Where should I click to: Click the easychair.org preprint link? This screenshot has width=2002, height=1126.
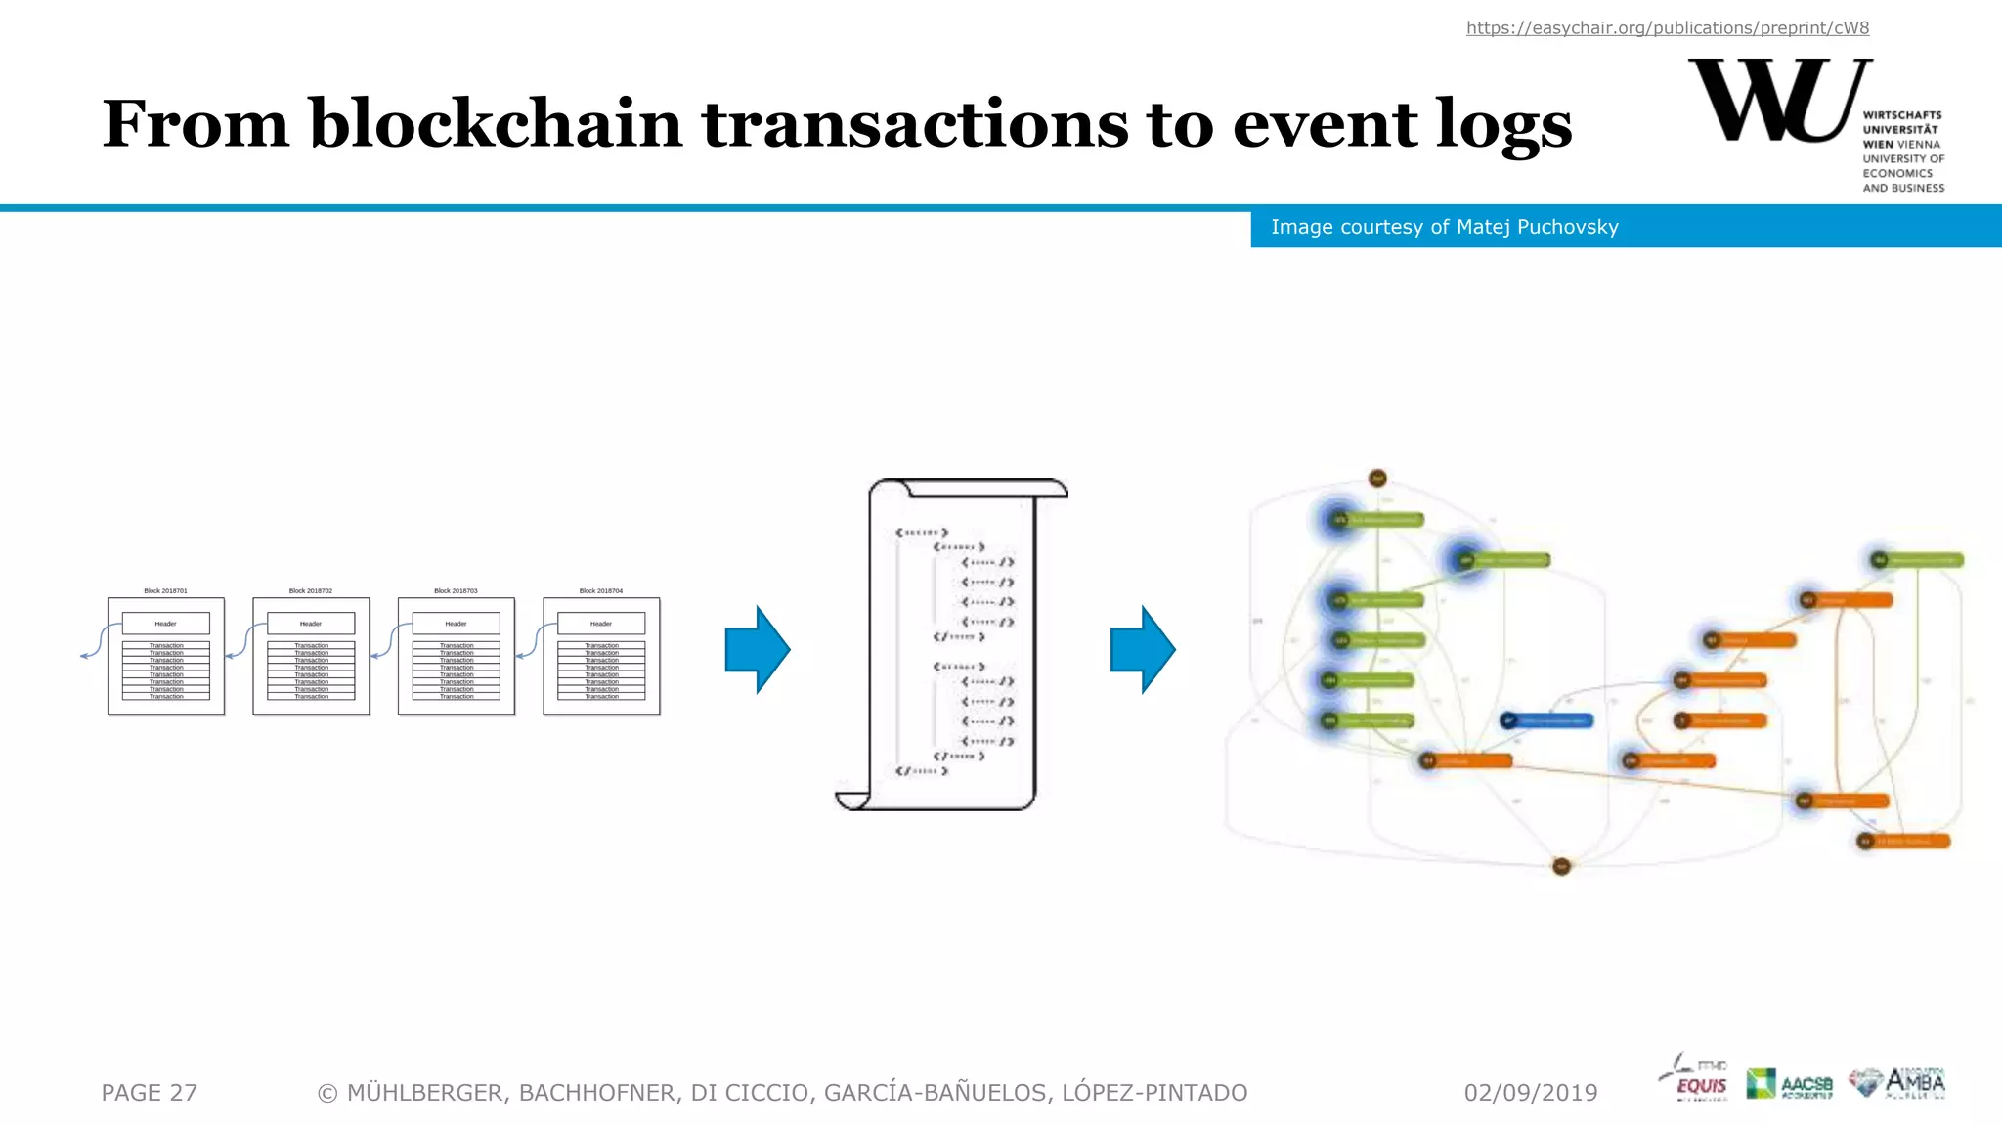coord(1667,28)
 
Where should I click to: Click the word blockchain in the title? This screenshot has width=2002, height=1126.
coord(496,124)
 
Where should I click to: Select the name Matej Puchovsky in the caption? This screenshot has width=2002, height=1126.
coord(1537,227)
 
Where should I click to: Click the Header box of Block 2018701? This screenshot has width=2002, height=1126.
coord(165,624)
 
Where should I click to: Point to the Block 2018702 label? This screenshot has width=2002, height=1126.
coord(311,591)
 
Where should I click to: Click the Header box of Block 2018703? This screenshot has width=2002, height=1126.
coord(456,624)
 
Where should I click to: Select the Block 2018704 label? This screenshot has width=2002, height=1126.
coord(600,591)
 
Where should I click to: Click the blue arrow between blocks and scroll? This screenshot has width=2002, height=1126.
coord(757,650)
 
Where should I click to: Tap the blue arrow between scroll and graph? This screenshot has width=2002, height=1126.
coord(1142,650)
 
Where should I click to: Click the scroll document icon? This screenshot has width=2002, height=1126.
coord(950,645)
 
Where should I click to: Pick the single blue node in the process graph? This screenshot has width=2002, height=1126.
coord(1547,720)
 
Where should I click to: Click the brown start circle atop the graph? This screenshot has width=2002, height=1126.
coord(1377,478)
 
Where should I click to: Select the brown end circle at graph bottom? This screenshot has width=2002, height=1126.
coord(1561,866)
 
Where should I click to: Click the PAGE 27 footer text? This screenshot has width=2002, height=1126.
coord(149,1093)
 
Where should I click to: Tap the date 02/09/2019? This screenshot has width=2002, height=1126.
coord(1530,1093)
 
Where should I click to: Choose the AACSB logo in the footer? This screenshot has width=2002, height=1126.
coord(1789,1083)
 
